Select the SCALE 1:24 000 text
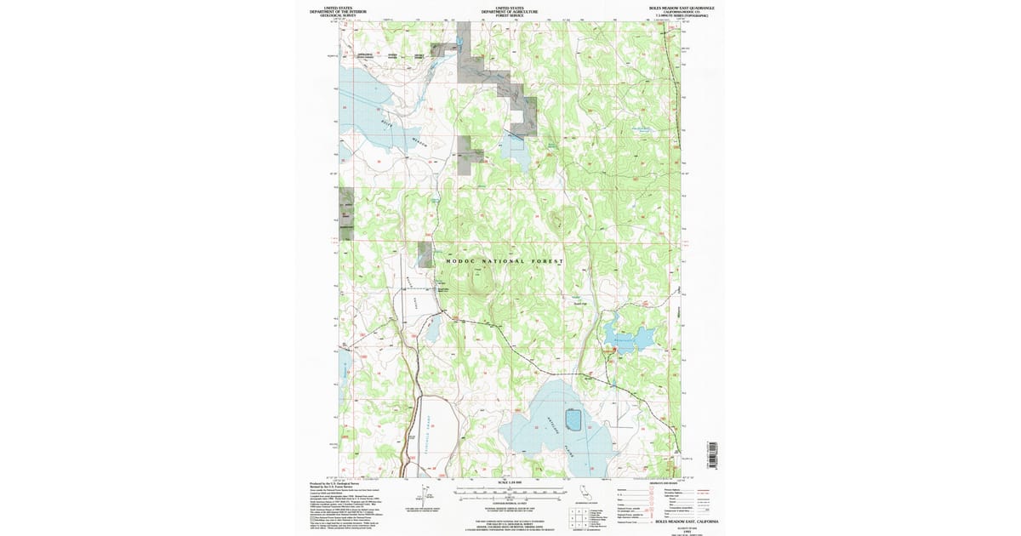coord(510,482)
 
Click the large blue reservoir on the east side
coord(630,334)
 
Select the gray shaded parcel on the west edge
coord(345,208)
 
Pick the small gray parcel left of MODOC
coord(424,253)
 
